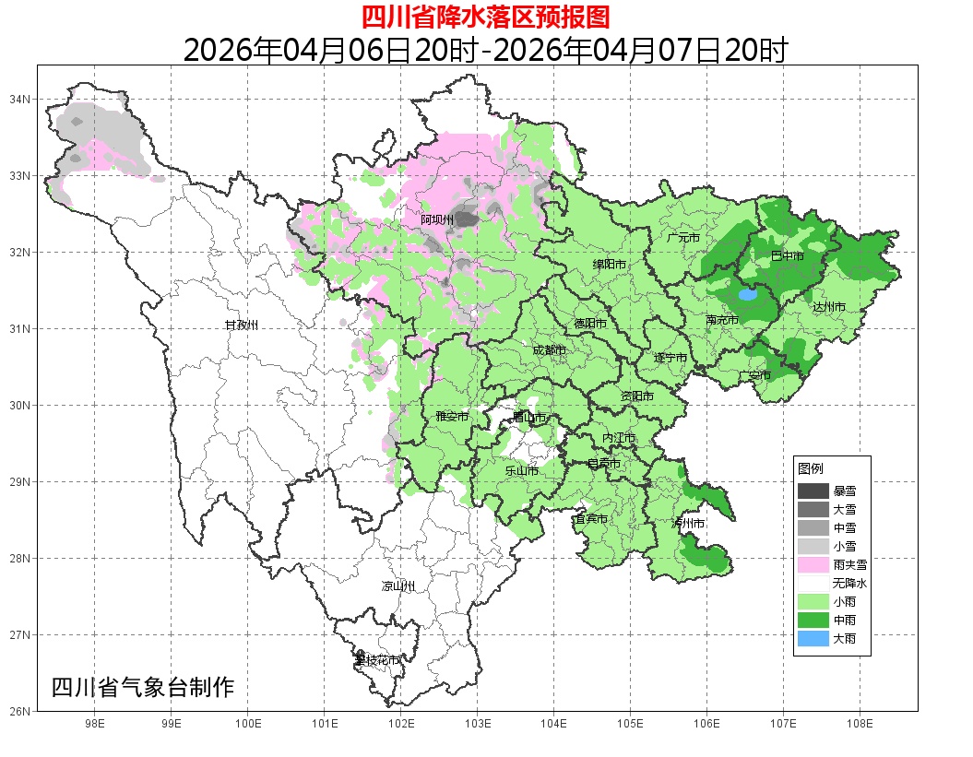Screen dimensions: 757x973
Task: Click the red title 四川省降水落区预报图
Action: click(x=485, y=17)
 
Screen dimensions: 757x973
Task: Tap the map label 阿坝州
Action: click(x=437, y=219)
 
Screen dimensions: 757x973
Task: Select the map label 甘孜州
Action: click(x=242, y=325)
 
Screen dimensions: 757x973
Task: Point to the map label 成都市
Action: click(x=549, y=350)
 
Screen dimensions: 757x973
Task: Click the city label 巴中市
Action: click(x=787, y=255)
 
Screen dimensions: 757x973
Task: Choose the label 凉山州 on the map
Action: click(x=398, y=586)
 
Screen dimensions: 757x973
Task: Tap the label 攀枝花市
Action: click(x=377, y=660)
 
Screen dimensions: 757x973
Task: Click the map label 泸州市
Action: click(x=688, y=523)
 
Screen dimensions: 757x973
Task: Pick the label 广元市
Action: click(x=683, y=238)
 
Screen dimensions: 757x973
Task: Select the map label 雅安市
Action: click(x=452, y=417)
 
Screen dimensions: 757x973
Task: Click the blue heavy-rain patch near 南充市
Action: click(x=747, y=296)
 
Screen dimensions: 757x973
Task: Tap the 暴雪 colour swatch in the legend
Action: click(x=813, y=491)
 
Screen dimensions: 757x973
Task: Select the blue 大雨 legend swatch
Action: click(x=813, y=638)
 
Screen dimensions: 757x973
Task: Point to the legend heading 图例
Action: click(x=811, y=469)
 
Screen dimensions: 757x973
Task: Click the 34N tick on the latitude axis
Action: click(x=21, y=99)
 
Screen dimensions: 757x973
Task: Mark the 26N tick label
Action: click(x=21, y=711)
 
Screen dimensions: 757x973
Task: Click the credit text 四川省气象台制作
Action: click(x=143, y=687)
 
